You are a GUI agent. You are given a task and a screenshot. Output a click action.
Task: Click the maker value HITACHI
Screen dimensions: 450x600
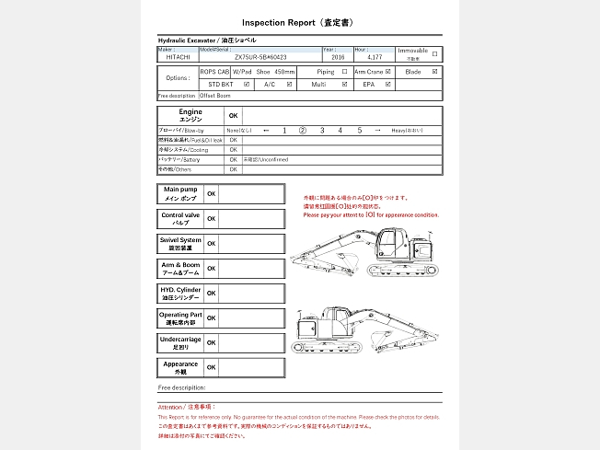179,57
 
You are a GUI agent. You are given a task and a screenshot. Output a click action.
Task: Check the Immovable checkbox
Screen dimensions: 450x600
435,53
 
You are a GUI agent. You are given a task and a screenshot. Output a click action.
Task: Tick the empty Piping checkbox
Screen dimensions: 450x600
344,71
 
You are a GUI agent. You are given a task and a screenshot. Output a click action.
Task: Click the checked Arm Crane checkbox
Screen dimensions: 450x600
390,71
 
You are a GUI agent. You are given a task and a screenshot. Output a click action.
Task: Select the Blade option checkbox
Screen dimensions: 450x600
435,71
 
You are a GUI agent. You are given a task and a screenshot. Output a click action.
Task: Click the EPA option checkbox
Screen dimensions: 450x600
390,84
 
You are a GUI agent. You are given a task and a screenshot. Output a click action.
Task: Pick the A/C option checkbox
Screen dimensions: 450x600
290,84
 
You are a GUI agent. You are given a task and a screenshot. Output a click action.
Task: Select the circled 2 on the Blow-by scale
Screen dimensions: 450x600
302,131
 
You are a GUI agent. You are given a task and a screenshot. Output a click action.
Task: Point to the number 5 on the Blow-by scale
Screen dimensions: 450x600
360,131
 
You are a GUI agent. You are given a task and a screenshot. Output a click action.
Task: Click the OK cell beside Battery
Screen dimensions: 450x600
234,159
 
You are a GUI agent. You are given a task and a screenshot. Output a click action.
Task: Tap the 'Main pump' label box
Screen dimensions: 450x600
180,193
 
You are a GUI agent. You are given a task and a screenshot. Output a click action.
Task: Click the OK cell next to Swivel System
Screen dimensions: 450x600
211,244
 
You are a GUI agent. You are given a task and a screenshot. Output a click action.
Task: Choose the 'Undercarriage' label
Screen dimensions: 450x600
180,342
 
